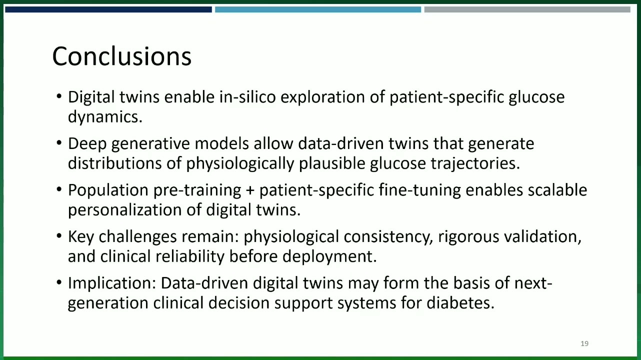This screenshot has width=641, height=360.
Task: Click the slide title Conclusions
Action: [x=121, y=56]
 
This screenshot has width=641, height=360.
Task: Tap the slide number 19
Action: [x=584, y=343]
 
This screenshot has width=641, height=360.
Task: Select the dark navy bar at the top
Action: [x=108, y=9]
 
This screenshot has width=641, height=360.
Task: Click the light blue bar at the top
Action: [x=318, y=9]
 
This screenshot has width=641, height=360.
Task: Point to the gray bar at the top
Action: [x=527, y=9]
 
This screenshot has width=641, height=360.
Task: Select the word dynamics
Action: [x=105, y=117]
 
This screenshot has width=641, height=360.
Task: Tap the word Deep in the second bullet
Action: [x=87, y=144]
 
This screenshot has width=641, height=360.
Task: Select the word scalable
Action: [x=557, y=190]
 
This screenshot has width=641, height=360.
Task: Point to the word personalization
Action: [x=125, y=210]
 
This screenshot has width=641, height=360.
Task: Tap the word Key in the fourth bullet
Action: [x=80, y=237]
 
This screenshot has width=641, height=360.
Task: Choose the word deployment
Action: [x=329, y=256]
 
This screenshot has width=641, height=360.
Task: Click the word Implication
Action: [x=112, y=283]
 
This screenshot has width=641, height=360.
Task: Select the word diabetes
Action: [x=460, y=303]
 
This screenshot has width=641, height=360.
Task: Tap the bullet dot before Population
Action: [x=59, y=189]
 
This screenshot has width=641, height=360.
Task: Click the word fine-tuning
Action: [x=420, y=190]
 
